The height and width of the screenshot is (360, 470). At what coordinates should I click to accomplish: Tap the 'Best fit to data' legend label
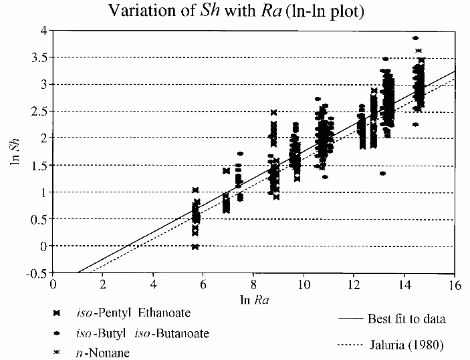[406, 319]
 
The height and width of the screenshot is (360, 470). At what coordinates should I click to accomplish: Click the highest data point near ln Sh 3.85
[415, 38]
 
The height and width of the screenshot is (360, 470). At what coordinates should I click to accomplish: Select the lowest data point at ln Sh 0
[195, 246]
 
